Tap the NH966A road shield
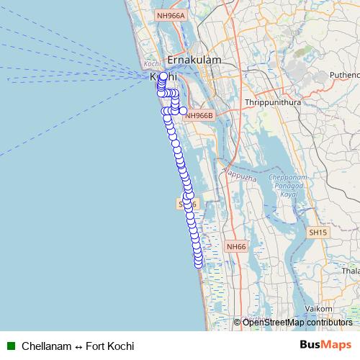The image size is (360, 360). coord(171,15)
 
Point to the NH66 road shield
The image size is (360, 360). coord(235,246)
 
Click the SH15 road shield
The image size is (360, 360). coord(318,233)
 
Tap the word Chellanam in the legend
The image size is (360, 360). coord(47,346)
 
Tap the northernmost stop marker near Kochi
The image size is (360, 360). coord(163,76)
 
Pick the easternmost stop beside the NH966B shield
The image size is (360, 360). coord(183,110)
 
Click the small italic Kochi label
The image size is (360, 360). coord(151,63)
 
